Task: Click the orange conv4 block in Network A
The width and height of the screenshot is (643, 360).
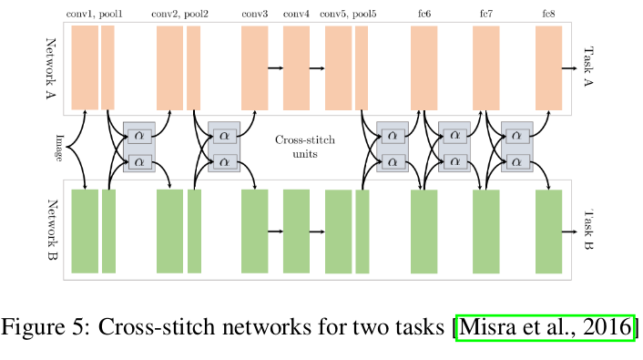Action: coord(297,67)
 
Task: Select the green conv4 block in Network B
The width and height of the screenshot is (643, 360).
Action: coord(297,231)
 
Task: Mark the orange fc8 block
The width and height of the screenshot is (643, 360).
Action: coord(548,67)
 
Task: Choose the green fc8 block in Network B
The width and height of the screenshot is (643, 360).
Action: coord(548,231)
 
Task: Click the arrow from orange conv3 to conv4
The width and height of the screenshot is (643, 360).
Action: coord(275,67)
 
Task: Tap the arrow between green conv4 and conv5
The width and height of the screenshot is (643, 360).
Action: coord(318,231)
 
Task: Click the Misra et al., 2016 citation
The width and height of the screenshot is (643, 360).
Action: coord(545,326)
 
